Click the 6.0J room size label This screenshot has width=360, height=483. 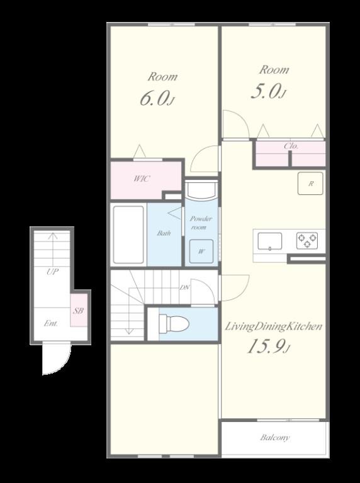click(157, 98)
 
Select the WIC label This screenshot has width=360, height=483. click(142, 179)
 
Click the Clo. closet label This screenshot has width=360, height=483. click(291, 146)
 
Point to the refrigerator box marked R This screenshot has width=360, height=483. click(310, 183)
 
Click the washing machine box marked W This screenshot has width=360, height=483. click(201, 252)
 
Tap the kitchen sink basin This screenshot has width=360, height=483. click(270, 241)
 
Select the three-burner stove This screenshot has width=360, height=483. click(307, 241)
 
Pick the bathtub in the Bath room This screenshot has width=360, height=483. click(128, 235)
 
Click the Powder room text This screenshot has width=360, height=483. click(201, 223)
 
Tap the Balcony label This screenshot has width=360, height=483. click(274, 438)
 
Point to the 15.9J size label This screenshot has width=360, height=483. click(268, 347)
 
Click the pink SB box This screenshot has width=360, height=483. click(79, 310)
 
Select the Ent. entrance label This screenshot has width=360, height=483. click(51, 323)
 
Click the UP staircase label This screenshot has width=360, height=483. click(53, 272)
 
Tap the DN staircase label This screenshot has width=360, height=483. click(184, 287)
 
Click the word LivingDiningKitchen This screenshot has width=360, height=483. click(273, 326)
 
